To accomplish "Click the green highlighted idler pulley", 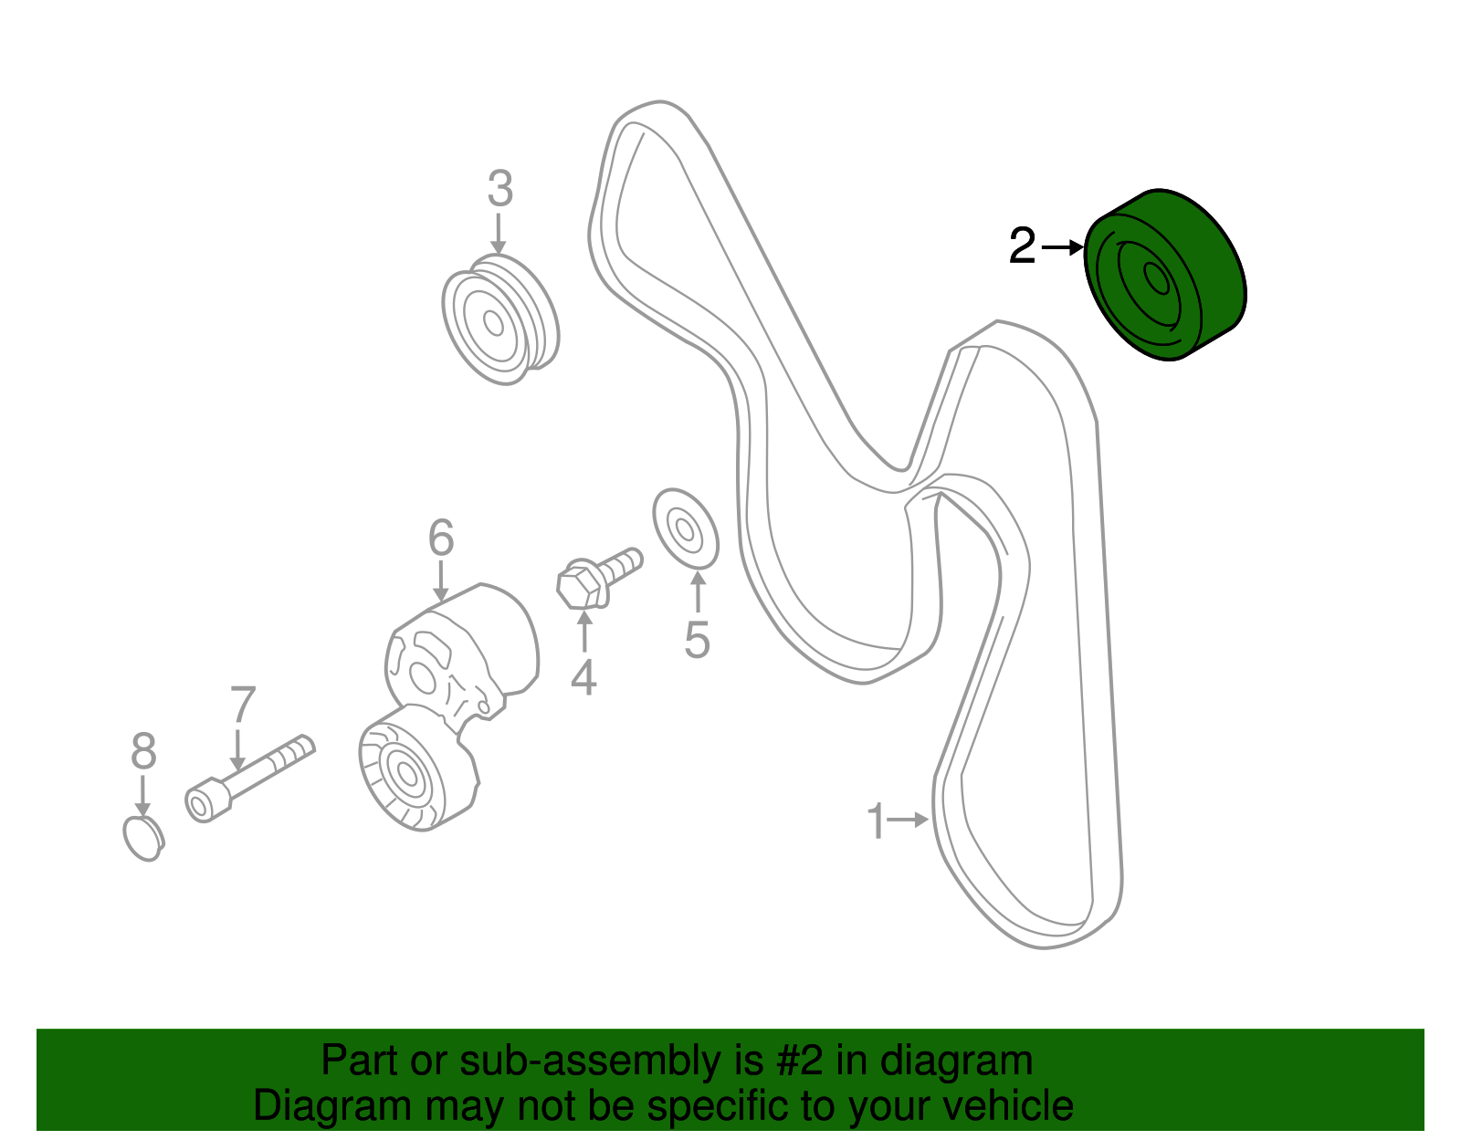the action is point(1165,275).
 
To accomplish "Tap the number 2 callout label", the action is point(1022,246).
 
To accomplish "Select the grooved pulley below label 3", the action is point(500,319).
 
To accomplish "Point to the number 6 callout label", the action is point(441,538).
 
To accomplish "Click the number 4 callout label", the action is point(583,677).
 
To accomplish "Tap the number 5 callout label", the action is point(698,639).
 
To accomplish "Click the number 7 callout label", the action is point(243,704).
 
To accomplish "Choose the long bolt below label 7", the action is point(250,778).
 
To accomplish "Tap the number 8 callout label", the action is point(144,750).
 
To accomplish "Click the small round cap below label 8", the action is point(144,839).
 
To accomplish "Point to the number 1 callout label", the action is point(876,821).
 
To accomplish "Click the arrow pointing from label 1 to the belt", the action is point(909,820).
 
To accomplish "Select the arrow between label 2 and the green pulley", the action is point(1063,247).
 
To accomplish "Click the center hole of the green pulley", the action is point(1156,278).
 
